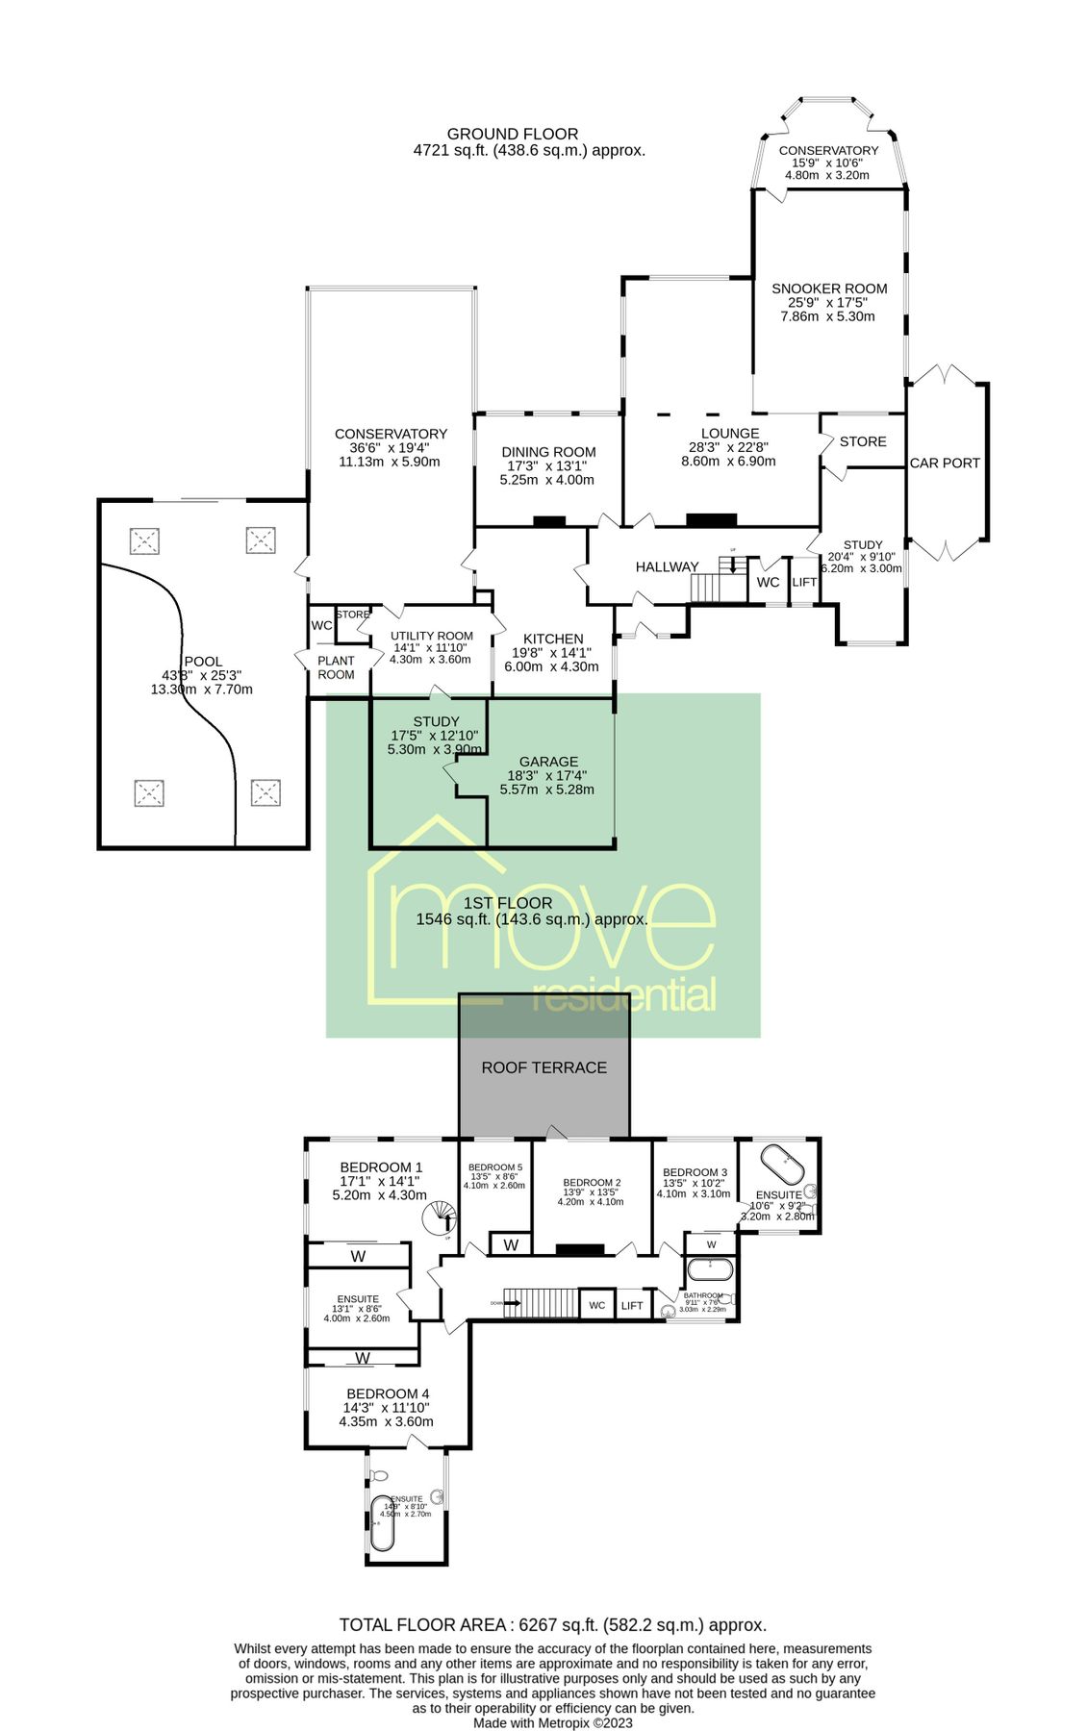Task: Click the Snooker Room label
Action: [828, 288]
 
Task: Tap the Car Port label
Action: [945, 463]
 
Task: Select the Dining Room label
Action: [548, 452]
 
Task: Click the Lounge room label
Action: [729, 434]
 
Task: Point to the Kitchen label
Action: [553, 639]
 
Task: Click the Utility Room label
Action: [431, 636]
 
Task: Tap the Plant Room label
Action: [336, 667]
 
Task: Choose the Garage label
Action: [548, 762]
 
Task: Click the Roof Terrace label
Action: [543, 1067]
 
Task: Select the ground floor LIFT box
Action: [804, 583]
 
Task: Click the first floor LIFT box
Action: [632, 1305]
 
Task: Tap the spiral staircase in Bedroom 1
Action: [442, 1217]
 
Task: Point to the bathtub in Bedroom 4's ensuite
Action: [382, 1523]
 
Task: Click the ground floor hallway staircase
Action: [716, 584]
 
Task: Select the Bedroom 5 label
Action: [495, 1167]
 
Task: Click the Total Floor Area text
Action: [552, 1625]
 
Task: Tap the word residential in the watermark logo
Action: [624, 996]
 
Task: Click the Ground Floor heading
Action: [513, 134]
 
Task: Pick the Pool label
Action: [202, 662]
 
